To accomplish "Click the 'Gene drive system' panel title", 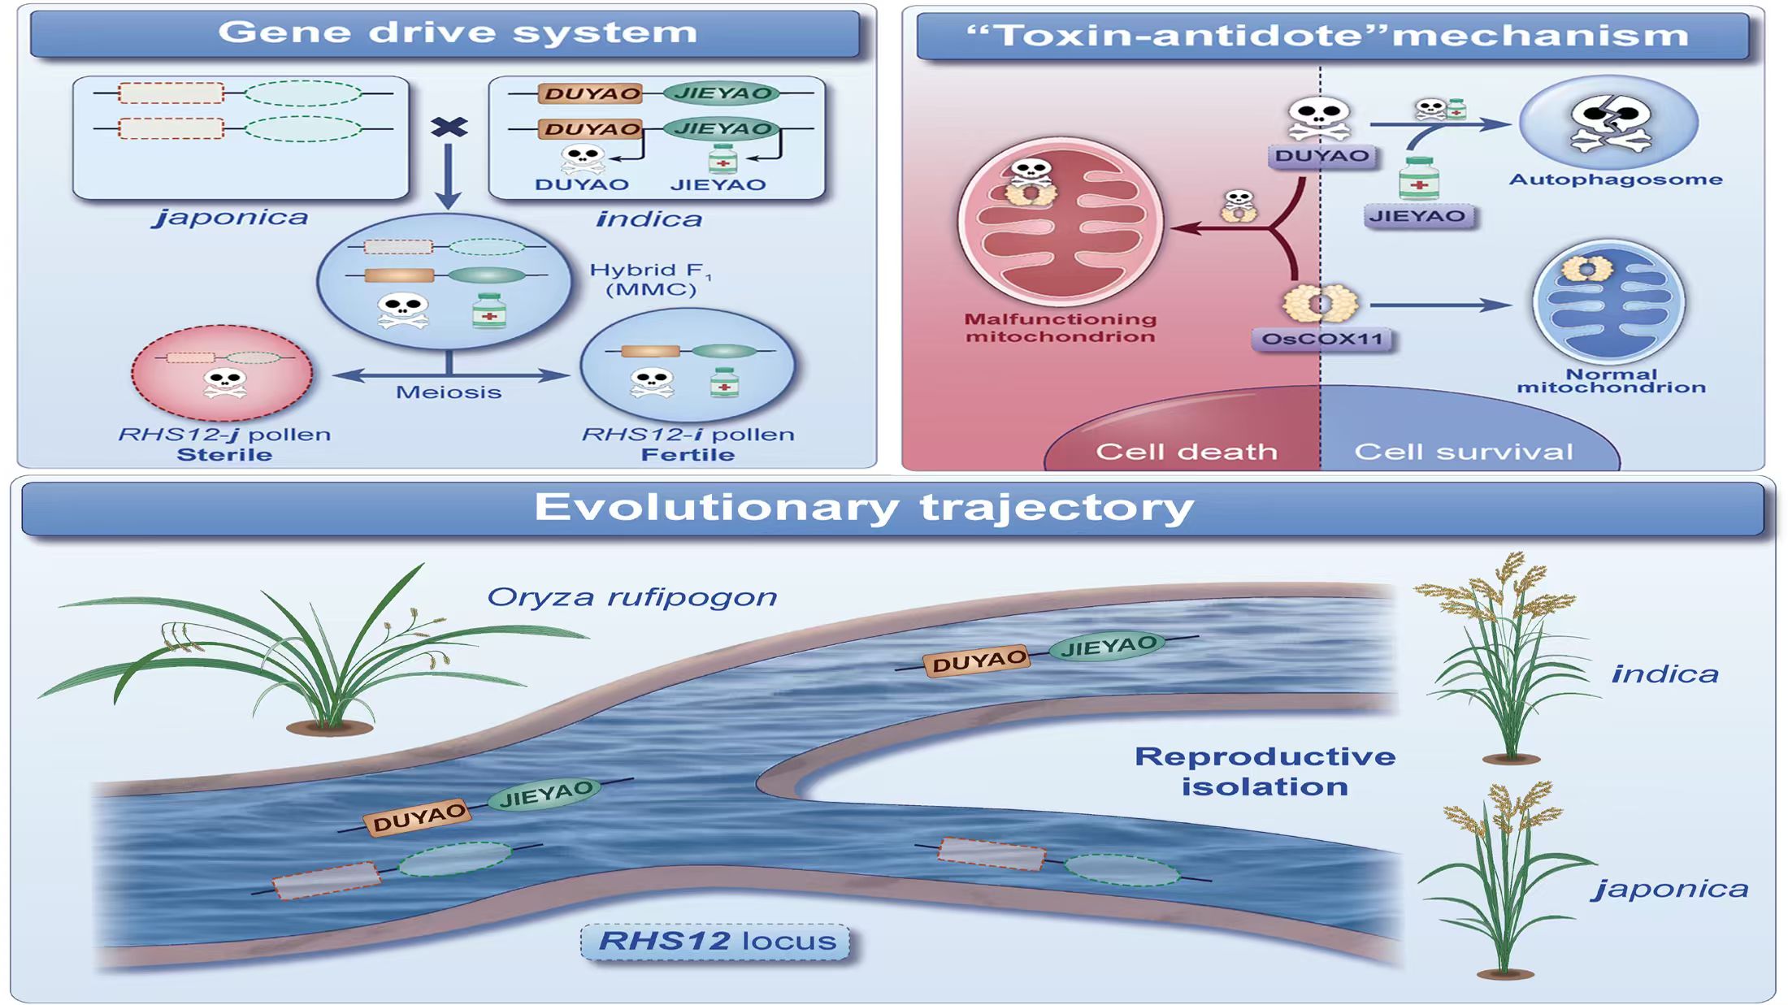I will (458, 32).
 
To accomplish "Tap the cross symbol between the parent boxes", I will (449, 127).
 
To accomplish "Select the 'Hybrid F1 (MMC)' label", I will (649, 279).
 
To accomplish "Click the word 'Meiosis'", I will (449, 392).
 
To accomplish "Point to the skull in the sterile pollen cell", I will (225, 383).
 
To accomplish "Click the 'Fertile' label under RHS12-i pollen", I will (688, 455).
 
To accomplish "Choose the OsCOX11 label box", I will (1321, 339).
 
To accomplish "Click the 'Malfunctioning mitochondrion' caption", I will (1061, 327).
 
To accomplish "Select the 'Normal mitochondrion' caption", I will (1611, 380).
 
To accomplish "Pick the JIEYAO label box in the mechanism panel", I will (1417, 216).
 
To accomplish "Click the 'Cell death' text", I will (1186, 452).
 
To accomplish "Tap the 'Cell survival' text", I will (1463, 452).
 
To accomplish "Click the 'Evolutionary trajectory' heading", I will (863, 508).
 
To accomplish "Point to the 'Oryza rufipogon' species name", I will (631, 597).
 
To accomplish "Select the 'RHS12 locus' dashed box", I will (715, 941).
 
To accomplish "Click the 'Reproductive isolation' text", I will (1265, 771).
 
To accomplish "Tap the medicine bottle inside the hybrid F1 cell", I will (489, 310).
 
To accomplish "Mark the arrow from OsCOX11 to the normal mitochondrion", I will (1439, 305).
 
